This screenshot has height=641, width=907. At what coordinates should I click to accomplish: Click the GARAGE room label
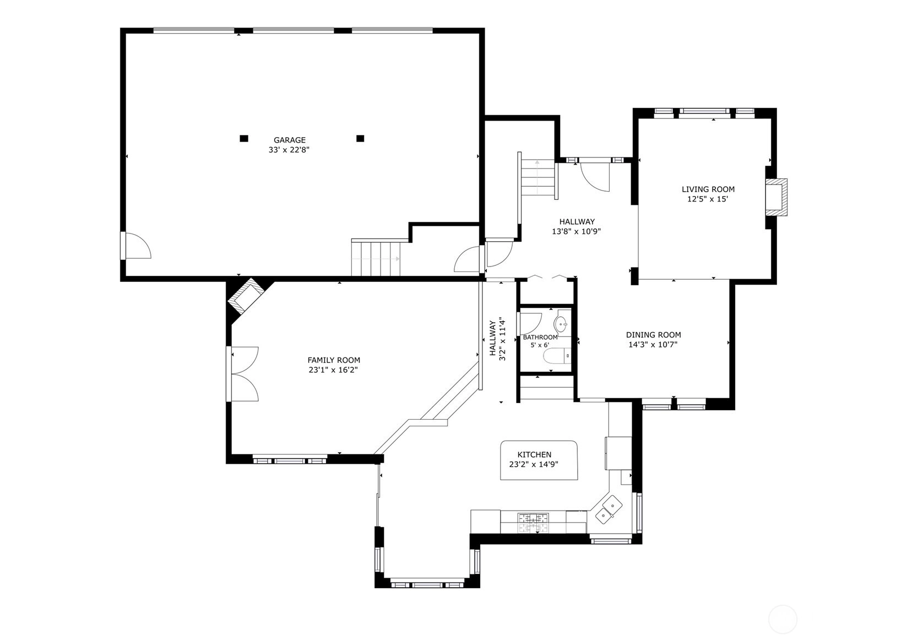click(x=290, y=140)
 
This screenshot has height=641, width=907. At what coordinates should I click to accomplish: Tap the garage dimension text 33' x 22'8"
click(x=290, y=150)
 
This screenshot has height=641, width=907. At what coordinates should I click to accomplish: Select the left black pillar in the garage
click(x=244, y=138)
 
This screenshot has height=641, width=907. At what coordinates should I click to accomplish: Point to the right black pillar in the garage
click(x=360, y=138)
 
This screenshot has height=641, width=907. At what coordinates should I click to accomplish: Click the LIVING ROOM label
click(x=708, y=189)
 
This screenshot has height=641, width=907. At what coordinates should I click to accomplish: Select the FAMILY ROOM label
click(x=334, y=360)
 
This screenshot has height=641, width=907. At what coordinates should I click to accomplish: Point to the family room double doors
click(x=243, y=374)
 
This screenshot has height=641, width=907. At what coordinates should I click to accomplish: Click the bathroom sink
click(x=562, y=323)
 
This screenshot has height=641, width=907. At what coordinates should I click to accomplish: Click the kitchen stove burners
click(x=533, y=523)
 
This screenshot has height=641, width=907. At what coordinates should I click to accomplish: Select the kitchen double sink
click(x=609, y=510)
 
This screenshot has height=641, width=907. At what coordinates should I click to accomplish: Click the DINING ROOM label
click(x=654, y=335)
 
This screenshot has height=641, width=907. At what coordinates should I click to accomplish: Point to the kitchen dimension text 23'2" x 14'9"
click(x=534, y=464)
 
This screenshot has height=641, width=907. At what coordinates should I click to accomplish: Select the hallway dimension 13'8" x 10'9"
click(x=577, y=232)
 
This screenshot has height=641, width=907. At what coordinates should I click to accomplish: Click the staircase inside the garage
click(x=376, y=258)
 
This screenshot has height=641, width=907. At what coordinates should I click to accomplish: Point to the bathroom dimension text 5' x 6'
click(x=540, y=345)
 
